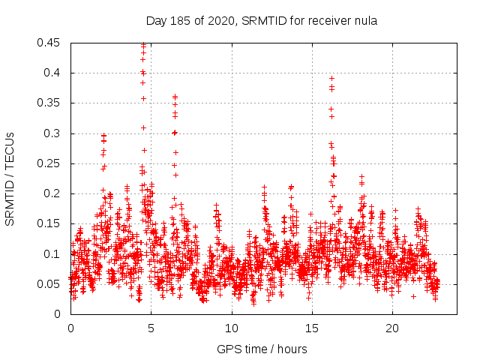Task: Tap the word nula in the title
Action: coord(364,21)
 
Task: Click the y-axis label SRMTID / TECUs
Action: coord(10,178)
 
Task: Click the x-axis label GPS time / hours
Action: coord(262,349)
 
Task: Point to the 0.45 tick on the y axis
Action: coord(49,43)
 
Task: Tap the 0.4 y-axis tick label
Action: coord(52,73)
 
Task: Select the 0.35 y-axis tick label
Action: coord(49,103)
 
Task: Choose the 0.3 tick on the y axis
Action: coord(52,133)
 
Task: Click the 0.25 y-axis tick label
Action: coord(49,163)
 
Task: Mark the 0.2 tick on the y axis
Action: coord(52,193)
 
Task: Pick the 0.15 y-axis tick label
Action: coord(49,223)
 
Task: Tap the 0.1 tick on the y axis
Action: coord(52,253)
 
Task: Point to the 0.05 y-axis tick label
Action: coord(49,284)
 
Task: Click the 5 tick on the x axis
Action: coord(151,328)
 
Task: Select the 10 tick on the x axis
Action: coord(232,328)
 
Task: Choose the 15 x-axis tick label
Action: coord(312,328)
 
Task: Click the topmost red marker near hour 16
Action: coord(331,78)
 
